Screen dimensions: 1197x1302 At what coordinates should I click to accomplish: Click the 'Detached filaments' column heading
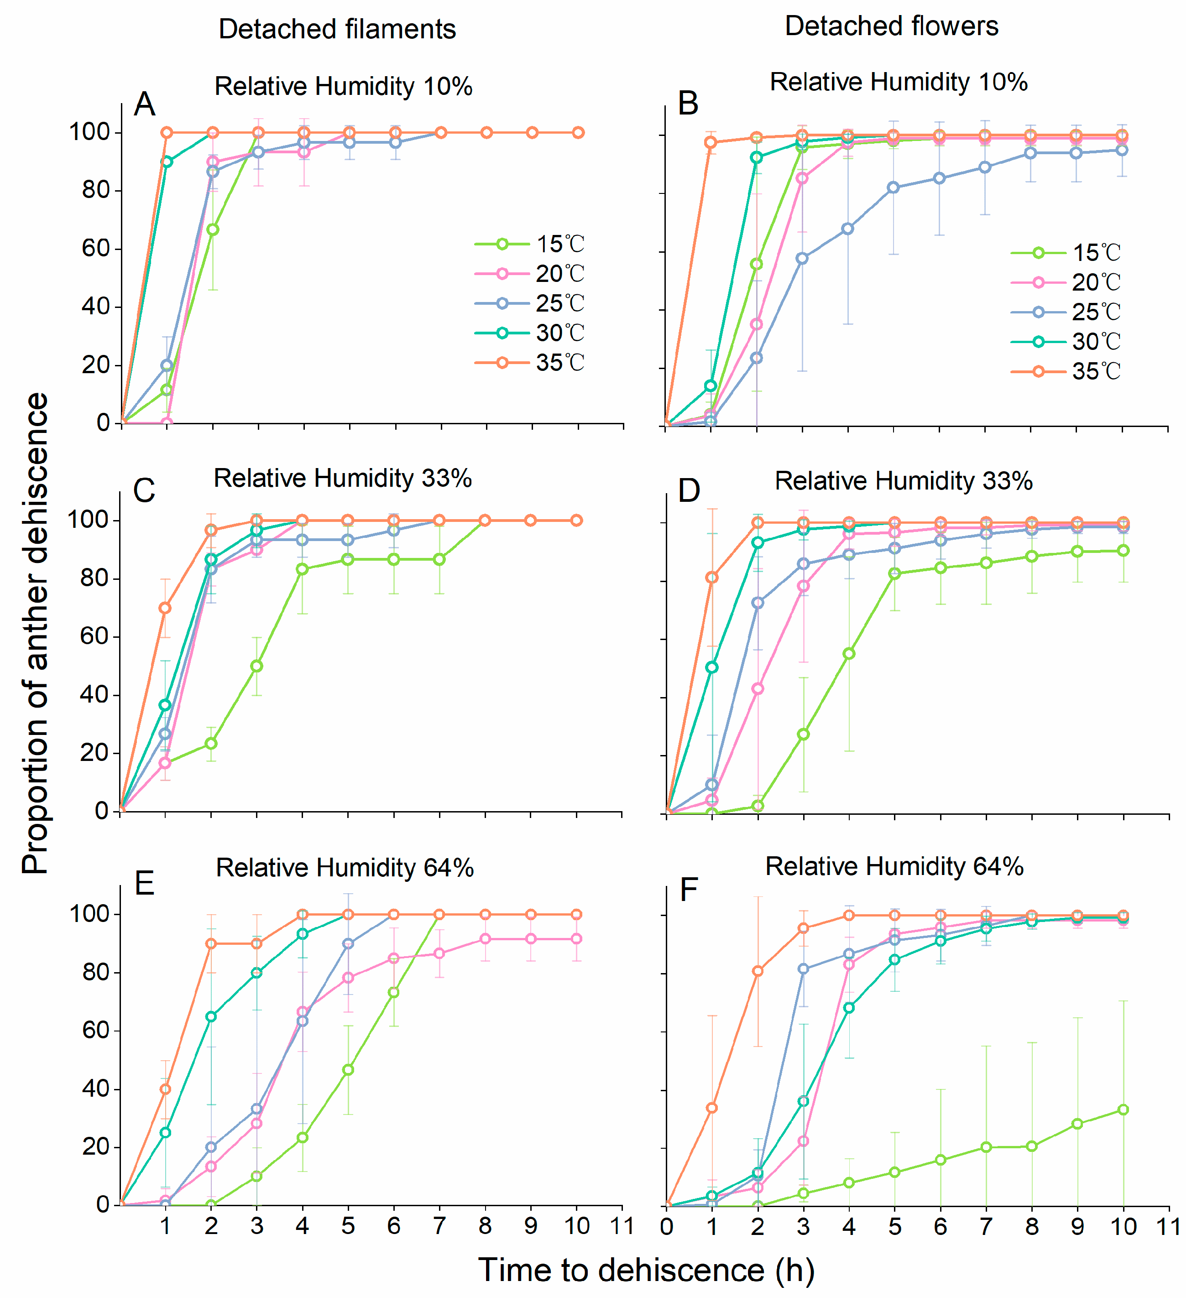[337, 29]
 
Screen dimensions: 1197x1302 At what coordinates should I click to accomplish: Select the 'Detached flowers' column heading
[891, 26]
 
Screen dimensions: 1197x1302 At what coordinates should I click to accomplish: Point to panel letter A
[145, 104]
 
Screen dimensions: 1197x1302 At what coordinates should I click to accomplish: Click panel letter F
[689, 890]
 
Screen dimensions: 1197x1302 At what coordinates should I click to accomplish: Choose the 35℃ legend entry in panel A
[530, 363]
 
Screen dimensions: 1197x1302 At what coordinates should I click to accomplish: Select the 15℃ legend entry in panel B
[1066, 252]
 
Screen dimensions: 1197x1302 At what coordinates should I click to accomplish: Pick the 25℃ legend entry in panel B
[1066, 312]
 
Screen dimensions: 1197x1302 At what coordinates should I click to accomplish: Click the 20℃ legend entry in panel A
[530, 274]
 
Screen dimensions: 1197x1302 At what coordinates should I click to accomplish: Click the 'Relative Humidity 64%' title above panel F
[894, 866]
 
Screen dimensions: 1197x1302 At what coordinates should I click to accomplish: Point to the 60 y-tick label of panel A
[96, 248]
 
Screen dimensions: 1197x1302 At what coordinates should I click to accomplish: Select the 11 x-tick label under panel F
[1169, 1226]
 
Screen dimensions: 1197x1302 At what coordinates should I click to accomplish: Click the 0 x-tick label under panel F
[667, 1226]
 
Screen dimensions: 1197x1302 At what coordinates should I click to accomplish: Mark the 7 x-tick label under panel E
[439, 1226]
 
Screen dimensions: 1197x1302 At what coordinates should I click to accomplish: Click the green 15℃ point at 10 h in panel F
[1123, 1109]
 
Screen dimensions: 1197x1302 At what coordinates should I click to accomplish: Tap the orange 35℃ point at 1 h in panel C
[165, 608]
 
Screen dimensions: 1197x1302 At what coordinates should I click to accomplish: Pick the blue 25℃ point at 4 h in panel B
[848, 229]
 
